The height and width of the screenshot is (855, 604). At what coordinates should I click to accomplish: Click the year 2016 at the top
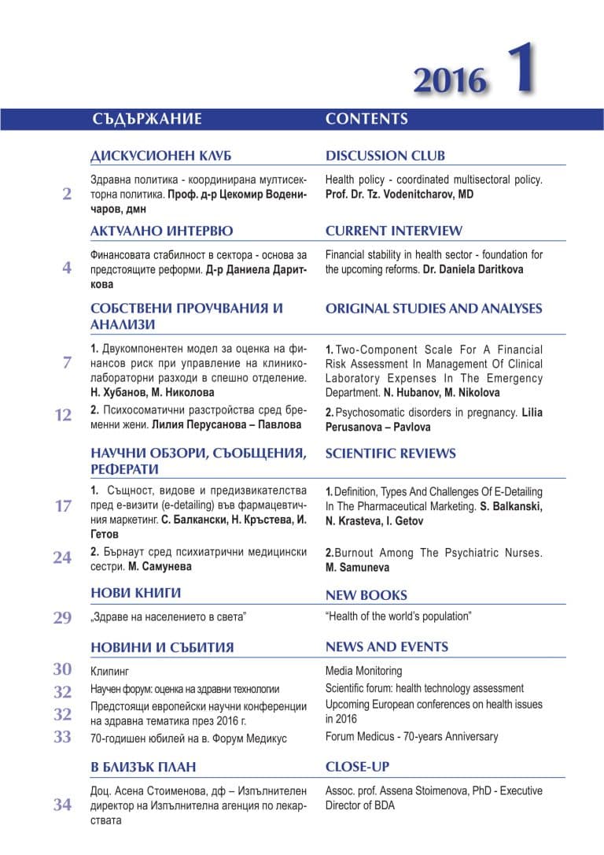tap(450, 80)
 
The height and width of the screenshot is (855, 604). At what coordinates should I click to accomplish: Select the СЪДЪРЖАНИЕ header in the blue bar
tap(147, 120)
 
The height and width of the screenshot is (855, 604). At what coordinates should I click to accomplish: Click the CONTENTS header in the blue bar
tap(366, 120)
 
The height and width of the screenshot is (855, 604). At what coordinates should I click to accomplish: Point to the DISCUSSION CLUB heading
tap(385, 156)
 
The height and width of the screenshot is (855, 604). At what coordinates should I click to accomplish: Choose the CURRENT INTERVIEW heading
tap(394, 231)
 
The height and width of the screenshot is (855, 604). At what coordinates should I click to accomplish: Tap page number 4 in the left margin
tap(67, 268)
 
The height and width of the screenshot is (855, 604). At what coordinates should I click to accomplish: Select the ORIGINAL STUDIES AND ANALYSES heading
tap(433, 309)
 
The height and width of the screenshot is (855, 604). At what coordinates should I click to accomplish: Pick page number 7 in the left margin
tap(67, 363)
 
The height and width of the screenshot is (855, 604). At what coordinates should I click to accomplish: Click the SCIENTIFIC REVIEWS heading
tap(390, 453)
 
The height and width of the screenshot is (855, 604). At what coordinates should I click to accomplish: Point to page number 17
tap(64, 506)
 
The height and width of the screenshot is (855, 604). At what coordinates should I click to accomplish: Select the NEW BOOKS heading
tap(366, 595)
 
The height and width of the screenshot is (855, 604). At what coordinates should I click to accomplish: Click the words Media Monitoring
tap(363, 671)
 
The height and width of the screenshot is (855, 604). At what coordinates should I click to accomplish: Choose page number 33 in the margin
tap(63, 737)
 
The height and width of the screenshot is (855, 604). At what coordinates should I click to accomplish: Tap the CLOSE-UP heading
tap(357, 767)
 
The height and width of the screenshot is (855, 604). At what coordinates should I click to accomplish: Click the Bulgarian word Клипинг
tap(109, 672)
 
